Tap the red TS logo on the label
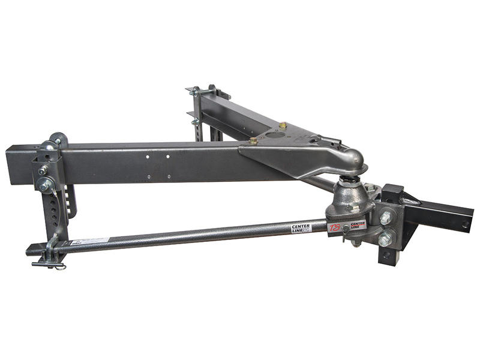coord(334,226)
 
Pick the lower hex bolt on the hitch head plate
coord(385,240)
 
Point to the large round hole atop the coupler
coord(275,135)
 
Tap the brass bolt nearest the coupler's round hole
coord(282,126)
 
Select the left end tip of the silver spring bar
coord(29,250)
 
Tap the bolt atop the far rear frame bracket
coord(193,91)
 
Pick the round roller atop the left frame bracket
coord(58,139)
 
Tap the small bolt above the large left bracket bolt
coord(43,170)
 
